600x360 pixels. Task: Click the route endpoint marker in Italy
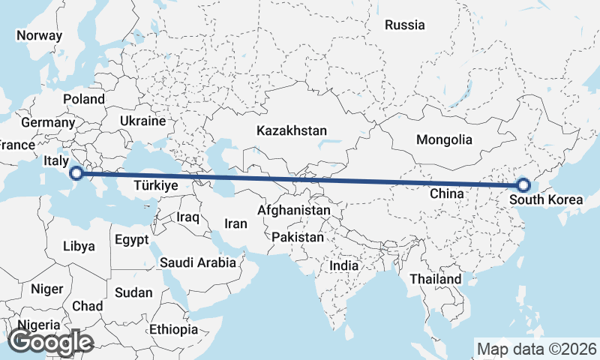pos(76,174)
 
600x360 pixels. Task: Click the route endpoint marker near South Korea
pos(523,185)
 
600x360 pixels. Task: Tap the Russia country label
pos(404,25)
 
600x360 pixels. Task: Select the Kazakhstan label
pos(291,130)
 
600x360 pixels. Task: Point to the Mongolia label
pos(444,139)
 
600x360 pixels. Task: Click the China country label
pos(448,193)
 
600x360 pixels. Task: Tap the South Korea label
pos(545,200)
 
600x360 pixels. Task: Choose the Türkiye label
pos(155,184)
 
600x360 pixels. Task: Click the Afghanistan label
pos(293,211)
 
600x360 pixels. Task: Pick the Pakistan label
pos(298,237)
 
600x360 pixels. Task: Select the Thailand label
pos(435,279)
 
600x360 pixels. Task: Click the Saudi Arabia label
pos(198,262)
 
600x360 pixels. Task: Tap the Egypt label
pos(133,240)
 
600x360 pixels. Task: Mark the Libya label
pos(79,245)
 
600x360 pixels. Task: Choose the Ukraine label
pos(142,121)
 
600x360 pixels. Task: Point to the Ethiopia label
pos(173,328)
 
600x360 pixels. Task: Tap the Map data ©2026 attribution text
pos(537,349)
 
